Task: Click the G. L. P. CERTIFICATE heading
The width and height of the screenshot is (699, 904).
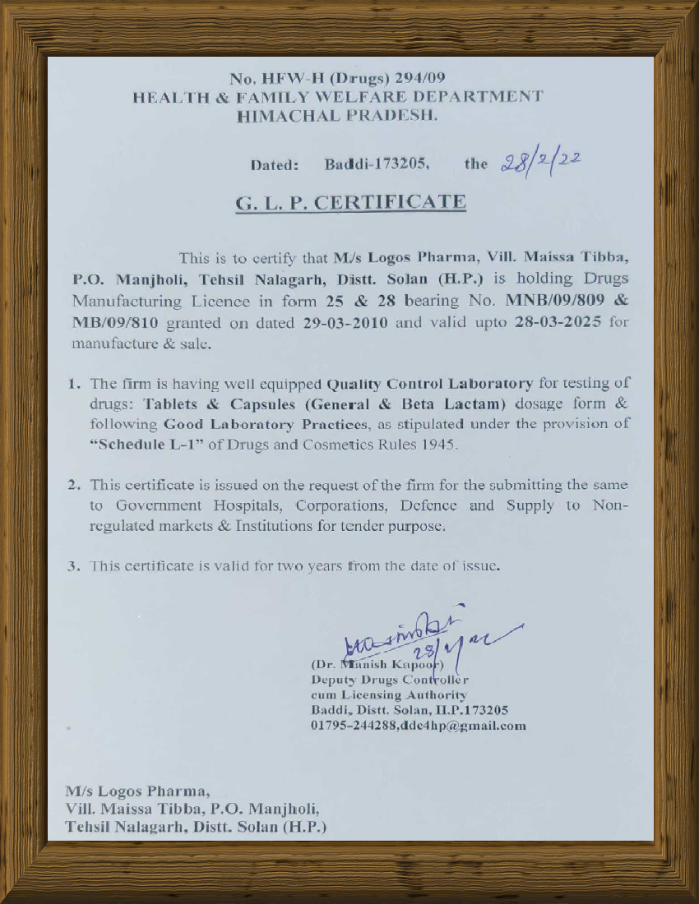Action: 351,202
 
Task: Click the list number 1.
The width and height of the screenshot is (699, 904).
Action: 73,383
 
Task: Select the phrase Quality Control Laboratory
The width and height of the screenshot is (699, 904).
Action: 430,383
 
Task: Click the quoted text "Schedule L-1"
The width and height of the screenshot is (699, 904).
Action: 136,445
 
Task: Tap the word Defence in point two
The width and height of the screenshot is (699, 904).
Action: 428,505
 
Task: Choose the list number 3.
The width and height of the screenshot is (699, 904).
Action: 73,566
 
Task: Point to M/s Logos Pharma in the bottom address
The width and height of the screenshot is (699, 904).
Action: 137,791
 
